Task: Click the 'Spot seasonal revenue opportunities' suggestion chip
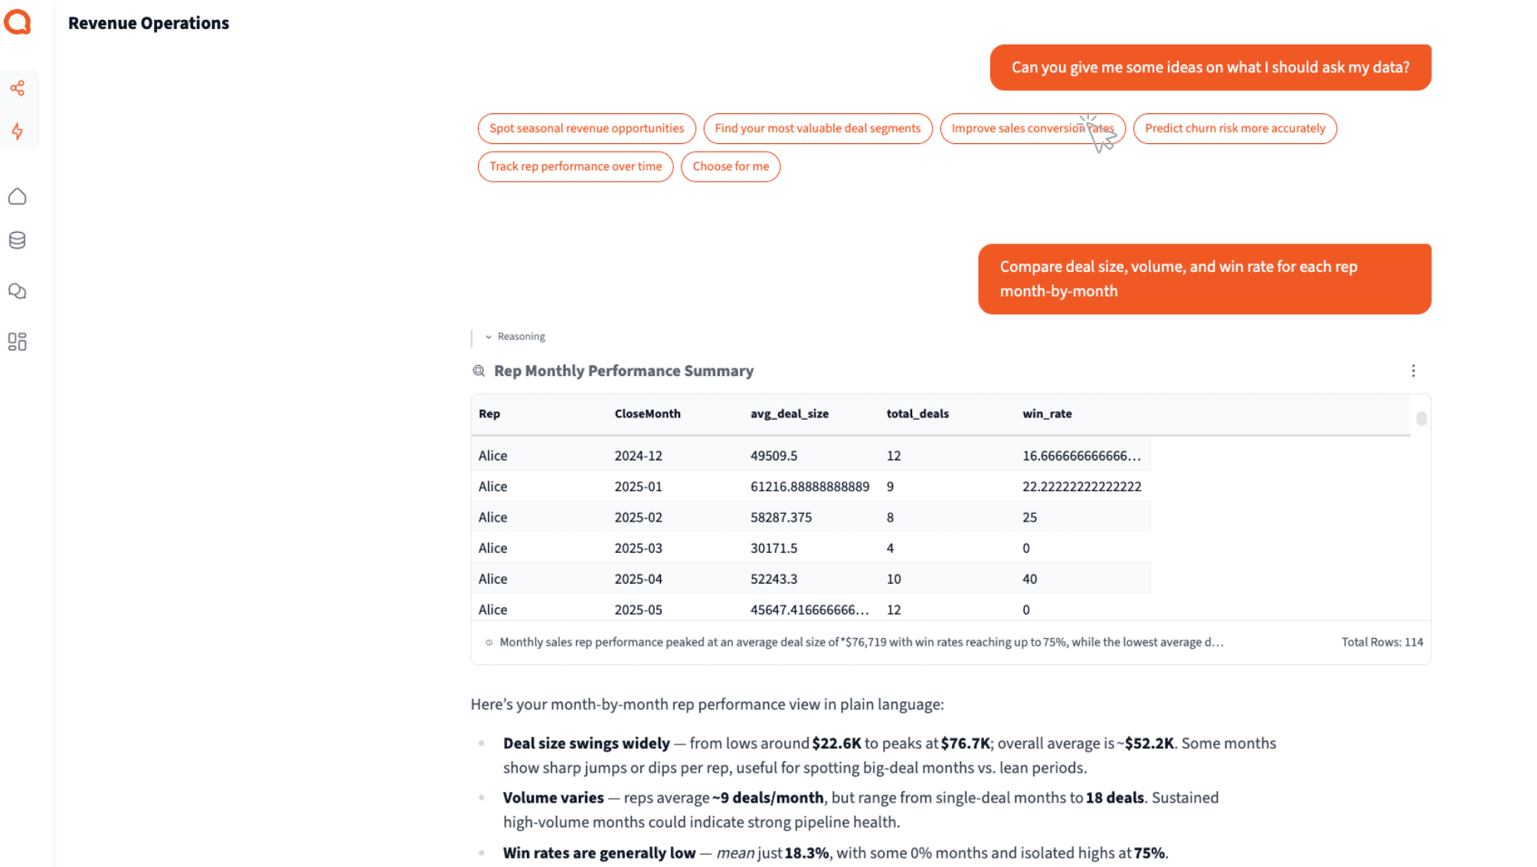[587, 129]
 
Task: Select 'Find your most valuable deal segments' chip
[817, 129]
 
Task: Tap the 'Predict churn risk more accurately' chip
[1235, 129]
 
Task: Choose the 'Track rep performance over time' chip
[575, 167]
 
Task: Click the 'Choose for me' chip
[731, 167]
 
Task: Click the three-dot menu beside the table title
[1413, 371]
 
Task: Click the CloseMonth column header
[647, 414]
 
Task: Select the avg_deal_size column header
[789, 414]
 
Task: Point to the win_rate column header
[1047, 414]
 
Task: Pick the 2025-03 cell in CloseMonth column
[638, 548]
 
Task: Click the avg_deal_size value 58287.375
[780, 518]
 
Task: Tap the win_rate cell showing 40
[1029, 579]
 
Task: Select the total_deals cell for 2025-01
[890, 487]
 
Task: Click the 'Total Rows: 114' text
[1382, 643]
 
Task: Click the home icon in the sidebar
[18, 197]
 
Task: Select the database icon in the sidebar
[18, 240]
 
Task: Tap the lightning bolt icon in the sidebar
[18, 132]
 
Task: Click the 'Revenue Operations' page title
[149, 24]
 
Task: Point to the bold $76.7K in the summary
[965, 744]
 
